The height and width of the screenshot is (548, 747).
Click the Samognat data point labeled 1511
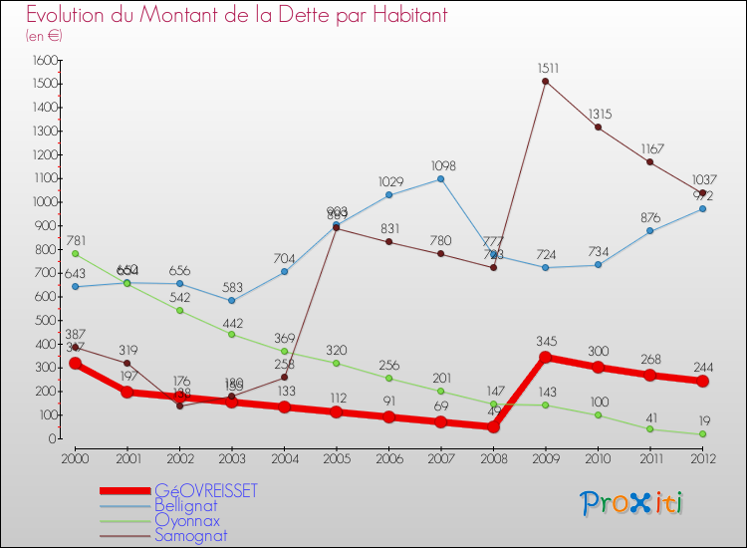[x=546, y=82]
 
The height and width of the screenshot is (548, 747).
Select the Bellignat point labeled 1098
[x=440, y=178]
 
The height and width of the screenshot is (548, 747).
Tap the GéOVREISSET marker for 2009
[x=546, y=357]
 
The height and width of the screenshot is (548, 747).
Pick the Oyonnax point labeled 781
[x=75, y=254]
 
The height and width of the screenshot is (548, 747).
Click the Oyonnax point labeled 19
[x=703, y=434]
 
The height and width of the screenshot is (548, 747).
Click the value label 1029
[x=388, y=181]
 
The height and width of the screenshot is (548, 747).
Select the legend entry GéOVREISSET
[x=205, y=490]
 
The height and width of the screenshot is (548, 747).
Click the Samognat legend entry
[x=190, y=535]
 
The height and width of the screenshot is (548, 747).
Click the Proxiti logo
[x=632, y=503]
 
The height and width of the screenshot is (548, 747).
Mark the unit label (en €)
[x=44, y=36]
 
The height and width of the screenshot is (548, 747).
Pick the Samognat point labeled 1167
[x=650, y=162]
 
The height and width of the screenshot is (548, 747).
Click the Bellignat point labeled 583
[x=231, y=300]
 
